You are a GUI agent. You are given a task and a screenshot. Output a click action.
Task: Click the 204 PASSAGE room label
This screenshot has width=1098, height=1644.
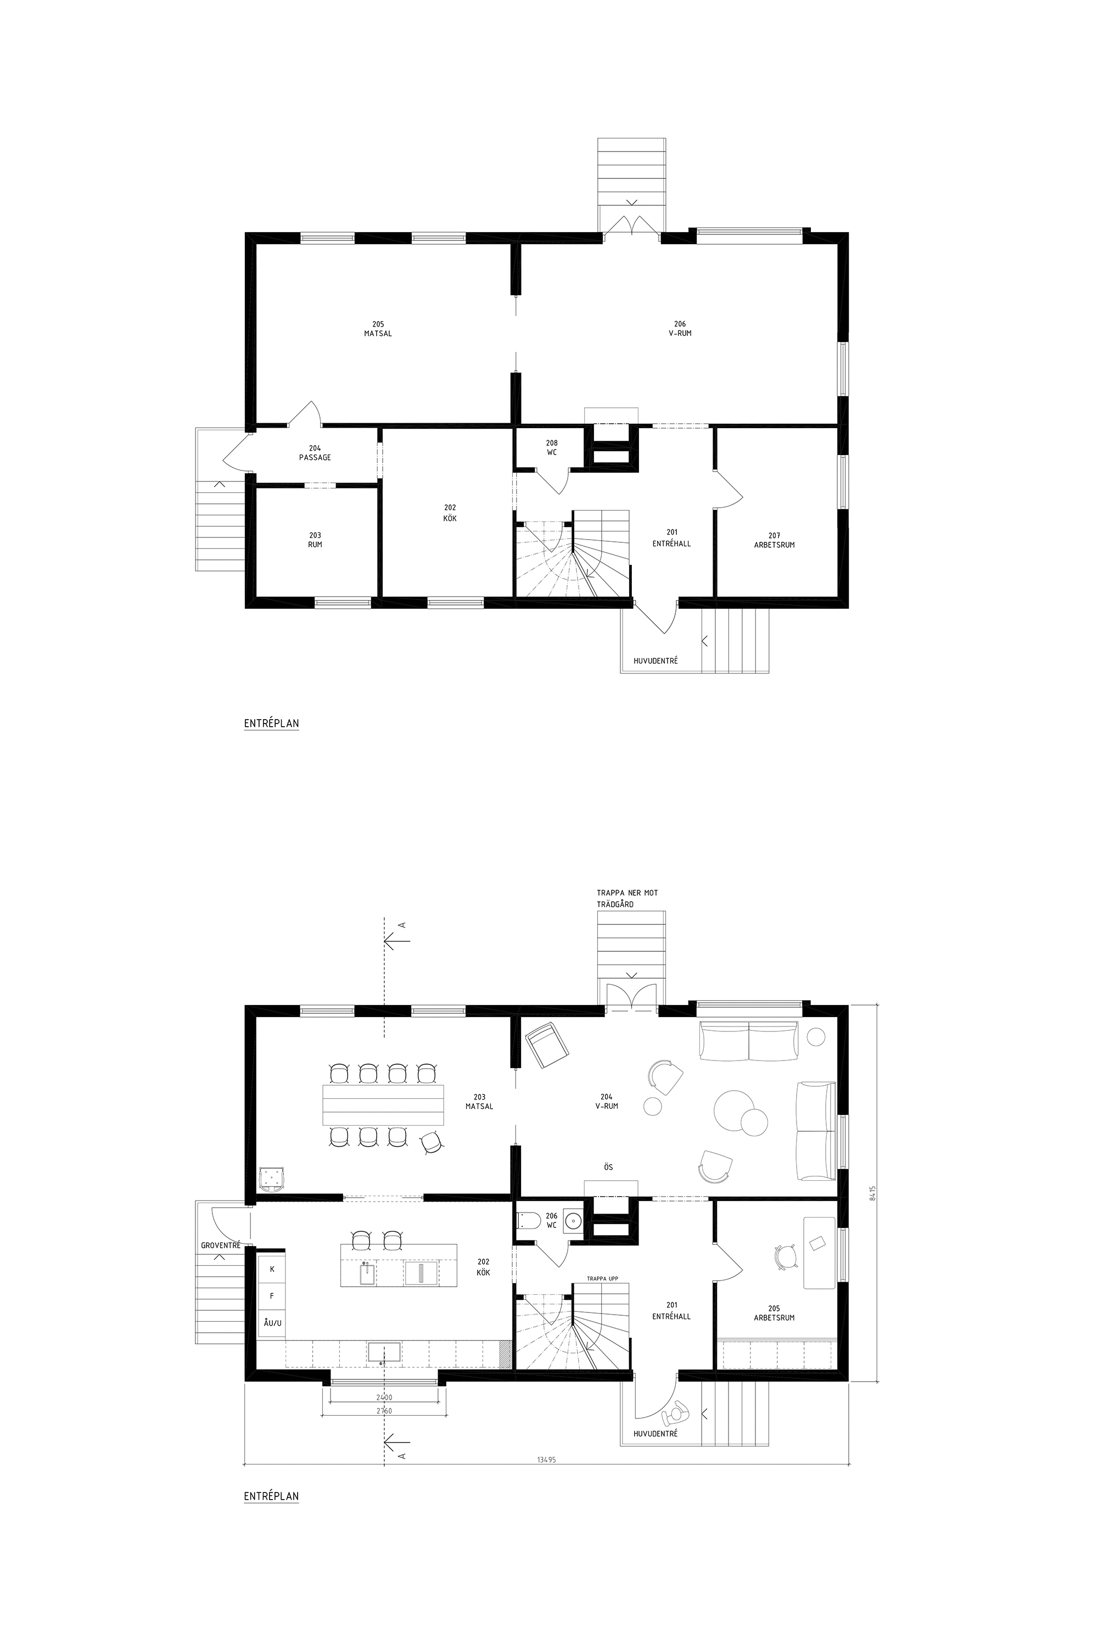[x=315, y=453]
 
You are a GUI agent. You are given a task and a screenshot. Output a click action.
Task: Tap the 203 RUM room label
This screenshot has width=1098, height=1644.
[x=315, y=540]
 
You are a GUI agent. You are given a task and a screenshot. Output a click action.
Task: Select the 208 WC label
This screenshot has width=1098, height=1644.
[x=552, y=447]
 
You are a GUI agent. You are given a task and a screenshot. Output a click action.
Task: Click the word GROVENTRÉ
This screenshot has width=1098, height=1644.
[x=221, y=1245]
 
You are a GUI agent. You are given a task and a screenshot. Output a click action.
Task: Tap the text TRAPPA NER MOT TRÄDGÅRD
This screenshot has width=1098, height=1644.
[x=628, y=899]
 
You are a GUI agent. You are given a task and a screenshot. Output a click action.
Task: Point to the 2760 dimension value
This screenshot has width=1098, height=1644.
[x=383, y=1410]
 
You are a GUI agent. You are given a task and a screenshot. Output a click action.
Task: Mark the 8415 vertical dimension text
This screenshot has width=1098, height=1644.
[x=872, y=1193]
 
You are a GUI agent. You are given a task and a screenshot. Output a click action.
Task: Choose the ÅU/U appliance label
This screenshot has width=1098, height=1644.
[x=272, y=1323]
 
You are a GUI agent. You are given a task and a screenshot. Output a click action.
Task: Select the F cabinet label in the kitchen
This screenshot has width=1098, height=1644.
[x=272, y=1296]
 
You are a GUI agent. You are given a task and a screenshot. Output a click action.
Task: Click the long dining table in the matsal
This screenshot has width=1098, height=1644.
[x=383, y=1104]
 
